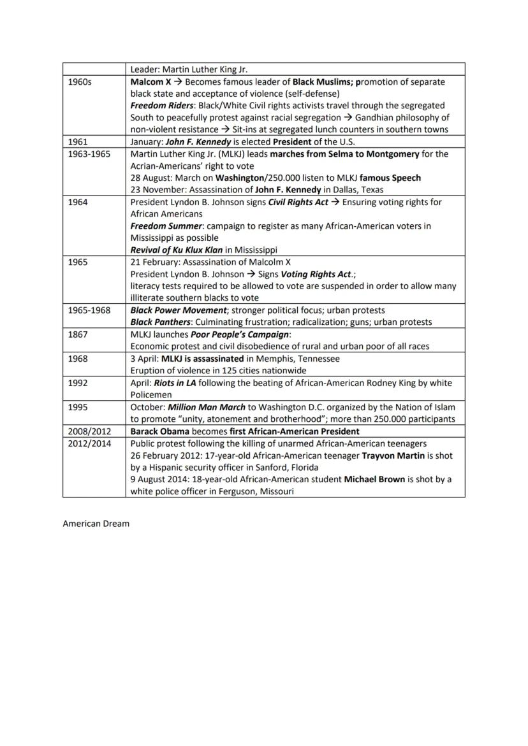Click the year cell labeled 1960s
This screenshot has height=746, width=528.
[80, 82]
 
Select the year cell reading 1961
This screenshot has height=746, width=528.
[77, 142]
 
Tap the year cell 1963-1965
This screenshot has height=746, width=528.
[89, 154]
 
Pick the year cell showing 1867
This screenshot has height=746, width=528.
[77, 334]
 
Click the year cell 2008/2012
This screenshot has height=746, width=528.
[89, 431]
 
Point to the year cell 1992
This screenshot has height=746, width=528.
[77, 383]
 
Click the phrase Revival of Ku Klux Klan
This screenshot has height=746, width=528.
[177, 250]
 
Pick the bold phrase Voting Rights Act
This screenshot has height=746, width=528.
[316, 274]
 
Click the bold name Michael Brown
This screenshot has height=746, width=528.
[374, 479]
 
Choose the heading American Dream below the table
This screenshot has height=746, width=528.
[96, 524]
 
